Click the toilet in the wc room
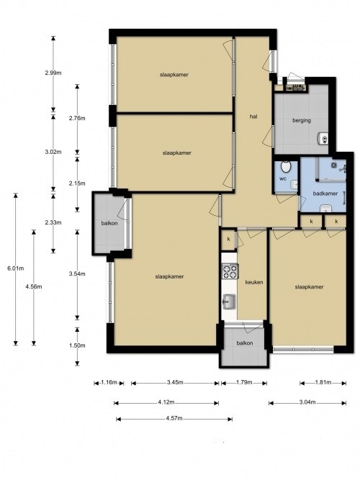tap(286, 167)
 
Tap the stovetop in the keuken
tap(230, 271)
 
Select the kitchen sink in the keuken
tap(229, 302)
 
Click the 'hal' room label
tap(253, 117)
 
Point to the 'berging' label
tap(302, 121)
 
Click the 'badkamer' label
tap(325, 194)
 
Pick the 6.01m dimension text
tap(16, 268)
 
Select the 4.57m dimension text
tap(174, 418)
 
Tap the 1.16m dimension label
tap(109, 382)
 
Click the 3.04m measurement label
tap(307, 402)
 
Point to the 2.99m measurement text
tap(53, 73)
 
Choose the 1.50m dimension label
tap(77, 345)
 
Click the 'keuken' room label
tap(254, 282)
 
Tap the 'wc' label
tap(283, 178)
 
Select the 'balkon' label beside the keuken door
tap(245, 343)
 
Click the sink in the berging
tap(323, 138)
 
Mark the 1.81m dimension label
tap(323, 382)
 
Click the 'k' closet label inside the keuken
tap(228, 240)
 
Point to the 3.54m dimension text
tap(77, 274)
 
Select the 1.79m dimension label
tap(244, 382)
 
